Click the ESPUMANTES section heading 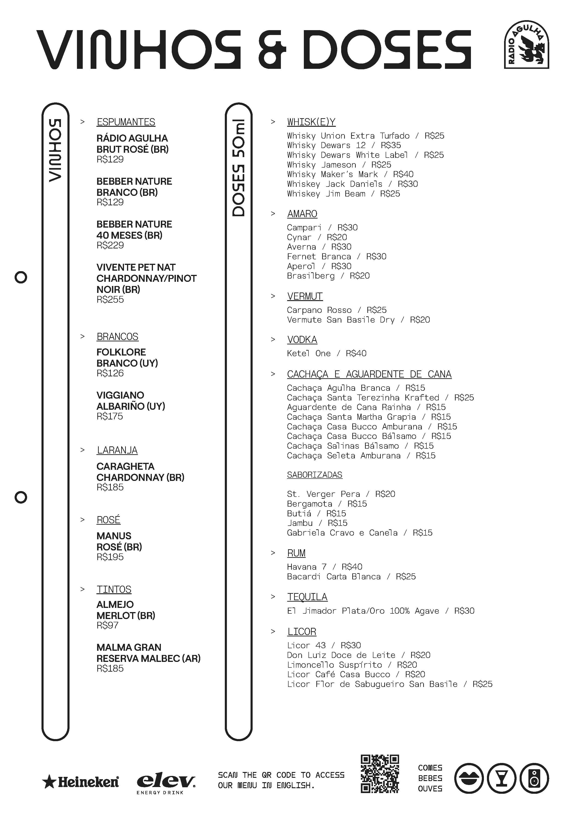(x=126, y=122)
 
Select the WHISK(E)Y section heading (x=311, y=122)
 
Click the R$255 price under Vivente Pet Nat (x=110, y=300)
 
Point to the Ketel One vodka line (x=327, y=353)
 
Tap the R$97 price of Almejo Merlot (x=108, y=625)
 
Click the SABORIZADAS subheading (x=315, y=475)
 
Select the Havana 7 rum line (x=324, y=567)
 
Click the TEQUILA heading (x=307, y=597)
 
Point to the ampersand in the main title (x=272, y=50)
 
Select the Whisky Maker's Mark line (x=350, y=174)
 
